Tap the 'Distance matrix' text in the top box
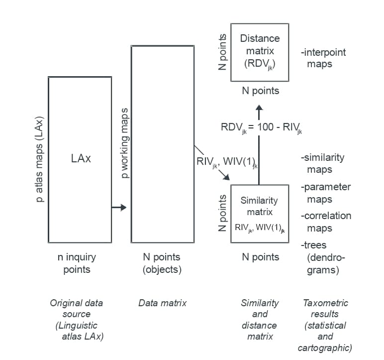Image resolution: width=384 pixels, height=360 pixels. [260, 44]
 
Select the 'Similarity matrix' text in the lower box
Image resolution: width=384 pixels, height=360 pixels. [259, 206]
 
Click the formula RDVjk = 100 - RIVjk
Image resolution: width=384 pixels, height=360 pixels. [261, 127]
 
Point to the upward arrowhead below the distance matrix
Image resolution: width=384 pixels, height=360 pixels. [260, 108]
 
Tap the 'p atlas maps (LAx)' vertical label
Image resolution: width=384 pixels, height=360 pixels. [40, 159]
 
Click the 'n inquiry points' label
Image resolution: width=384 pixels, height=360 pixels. [77, 263]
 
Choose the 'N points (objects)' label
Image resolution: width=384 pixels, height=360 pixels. [162, 263]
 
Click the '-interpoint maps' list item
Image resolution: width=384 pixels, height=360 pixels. [323, 58]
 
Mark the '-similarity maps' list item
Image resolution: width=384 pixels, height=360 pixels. [322, 163]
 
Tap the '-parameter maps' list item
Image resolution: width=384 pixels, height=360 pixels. [325, 193]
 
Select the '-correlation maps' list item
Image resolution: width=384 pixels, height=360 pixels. [325, 222]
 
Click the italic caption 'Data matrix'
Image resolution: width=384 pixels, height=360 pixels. [162, 303]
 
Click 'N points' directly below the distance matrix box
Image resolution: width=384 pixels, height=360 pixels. [260, 91]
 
